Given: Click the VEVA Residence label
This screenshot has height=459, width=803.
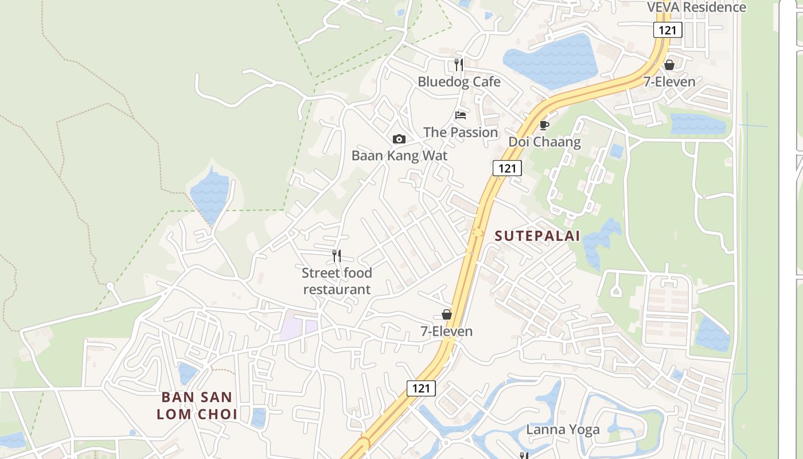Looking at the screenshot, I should tap(696, 7).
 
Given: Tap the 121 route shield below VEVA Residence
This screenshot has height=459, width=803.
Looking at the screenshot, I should tap(668, 30).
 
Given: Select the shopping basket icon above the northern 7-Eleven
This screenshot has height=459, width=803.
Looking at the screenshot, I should tap(669, 65).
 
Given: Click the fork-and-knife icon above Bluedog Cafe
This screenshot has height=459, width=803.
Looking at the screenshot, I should tap(459, 64).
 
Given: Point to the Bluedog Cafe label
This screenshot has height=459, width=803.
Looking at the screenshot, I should tap(459, 81).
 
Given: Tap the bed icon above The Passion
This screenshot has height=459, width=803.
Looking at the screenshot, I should tap(460, 115).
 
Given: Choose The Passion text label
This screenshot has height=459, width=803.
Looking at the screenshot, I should tap(461, 133).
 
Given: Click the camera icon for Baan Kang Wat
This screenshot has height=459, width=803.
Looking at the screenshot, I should tap(399, 139).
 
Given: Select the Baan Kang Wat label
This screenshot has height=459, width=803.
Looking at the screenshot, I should tap(399, 155).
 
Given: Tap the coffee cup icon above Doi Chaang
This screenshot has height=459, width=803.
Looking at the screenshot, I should tap(544, 125).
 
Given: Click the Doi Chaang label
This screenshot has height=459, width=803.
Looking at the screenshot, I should tap(544, 142).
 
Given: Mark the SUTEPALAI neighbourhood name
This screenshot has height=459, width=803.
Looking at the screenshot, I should tap(537, 236).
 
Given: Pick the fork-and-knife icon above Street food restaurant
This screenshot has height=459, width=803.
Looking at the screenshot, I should tap(337, 256).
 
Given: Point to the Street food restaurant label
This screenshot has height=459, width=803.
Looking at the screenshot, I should tap(337, 281).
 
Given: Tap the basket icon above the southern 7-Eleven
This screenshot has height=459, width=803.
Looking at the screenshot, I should tap(447, 314).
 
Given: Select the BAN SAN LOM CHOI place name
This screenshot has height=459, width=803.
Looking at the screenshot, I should tap(197, 406).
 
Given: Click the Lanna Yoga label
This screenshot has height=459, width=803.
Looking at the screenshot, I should tap(563, 430).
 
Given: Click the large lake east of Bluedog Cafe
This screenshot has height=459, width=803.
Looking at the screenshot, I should tap(551, 61).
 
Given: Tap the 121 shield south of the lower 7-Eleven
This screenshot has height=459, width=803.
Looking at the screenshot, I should tap(421, 388).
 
